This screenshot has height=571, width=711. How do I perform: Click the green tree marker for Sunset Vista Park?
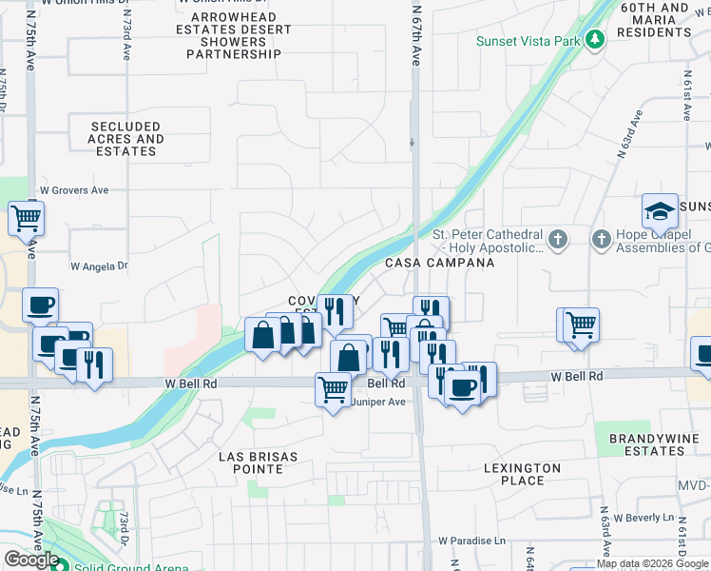click(595, 40)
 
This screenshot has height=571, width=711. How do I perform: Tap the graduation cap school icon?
click(660, 210)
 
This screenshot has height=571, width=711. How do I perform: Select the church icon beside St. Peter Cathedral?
click(558, 239)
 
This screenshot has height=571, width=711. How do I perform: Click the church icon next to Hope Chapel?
click(602, 239)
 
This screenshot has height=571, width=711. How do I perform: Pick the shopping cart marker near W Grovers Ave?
click(26, 218)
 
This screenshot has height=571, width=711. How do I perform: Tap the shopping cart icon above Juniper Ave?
click(333, 388)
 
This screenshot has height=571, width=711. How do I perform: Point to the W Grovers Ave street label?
click(74, 190)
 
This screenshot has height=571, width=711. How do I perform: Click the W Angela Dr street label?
click(99, 267)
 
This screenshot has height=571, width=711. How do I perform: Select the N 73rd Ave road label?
click(126, 37)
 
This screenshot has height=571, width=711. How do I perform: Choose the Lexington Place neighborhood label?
click(522, 474)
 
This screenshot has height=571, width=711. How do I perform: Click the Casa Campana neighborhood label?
click(439, 262)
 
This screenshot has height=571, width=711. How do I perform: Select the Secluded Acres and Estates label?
click(126, 139)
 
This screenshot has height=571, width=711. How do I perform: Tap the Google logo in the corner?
click(30, 560)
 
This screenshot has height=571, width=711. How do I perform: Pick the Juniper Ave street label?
click(379, 402)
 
